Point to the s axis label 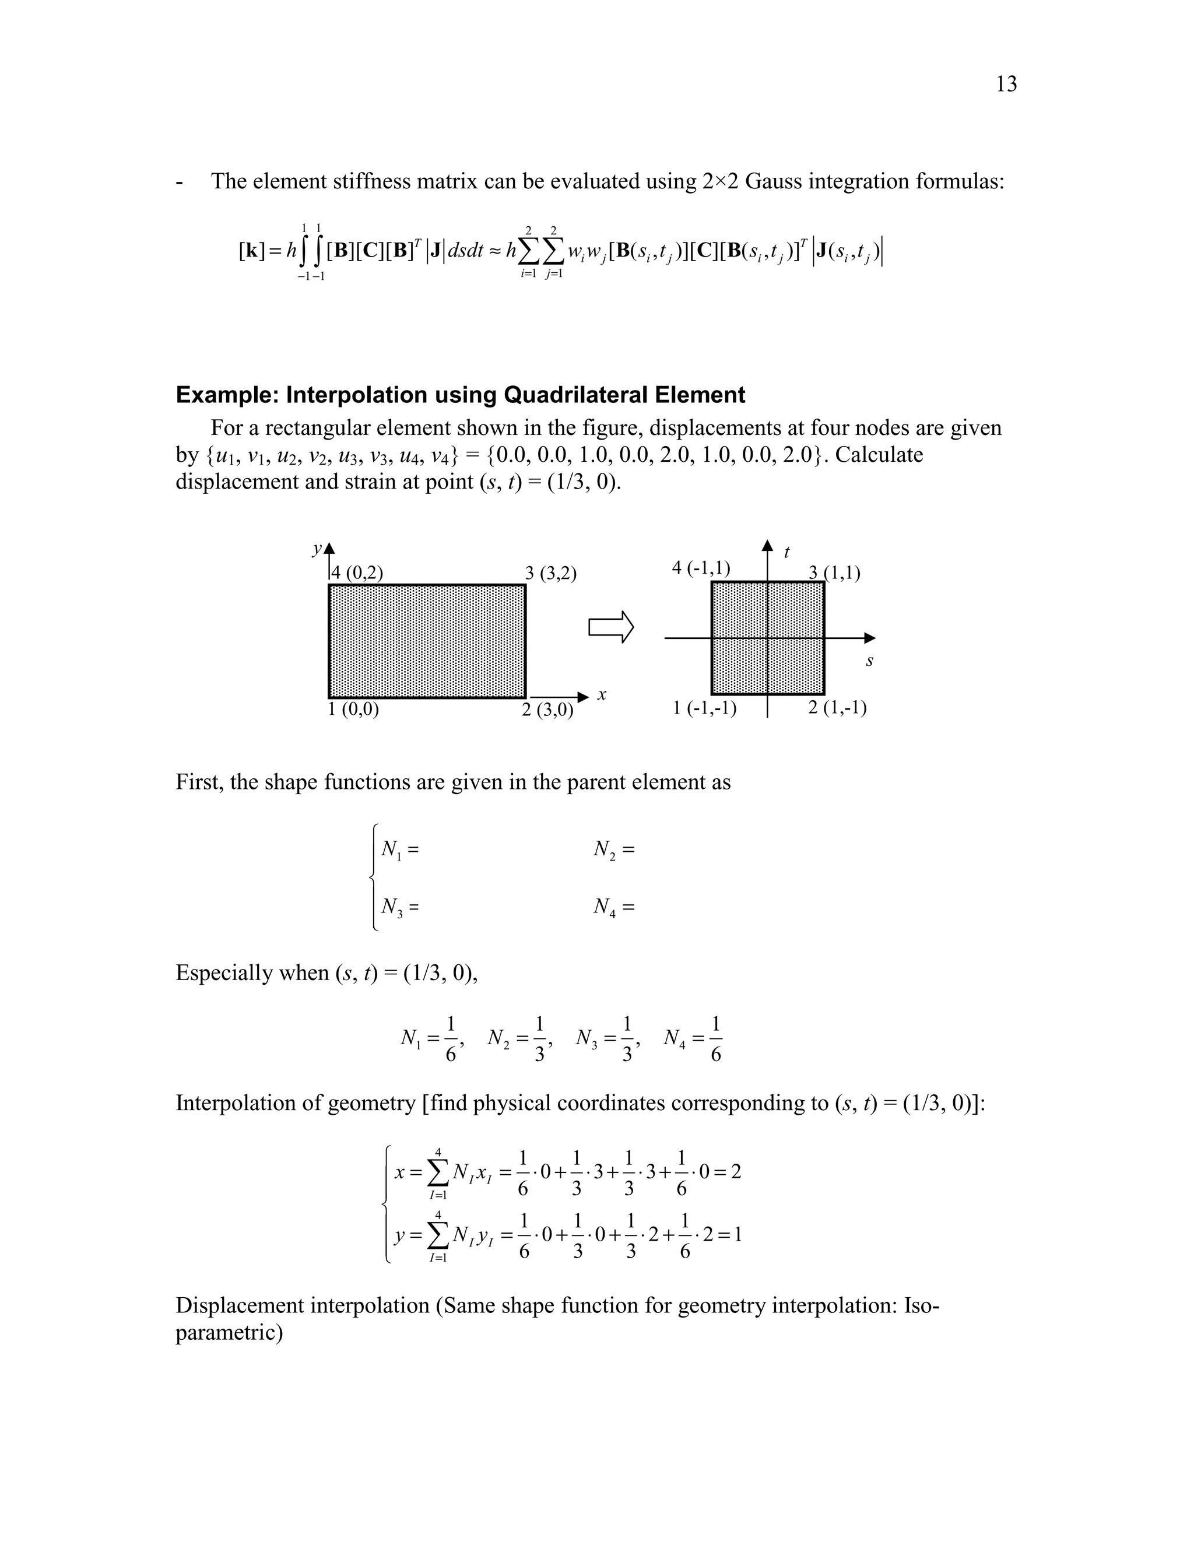pyautogui.click(x=869, y=662)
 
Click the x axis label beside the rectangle pyautogui.click(x=602, y=696)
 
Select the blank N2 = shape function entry pyautogui.click(x=614, y=849)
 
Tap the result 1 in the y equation pyautogui.click(x=738, y=1236)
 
